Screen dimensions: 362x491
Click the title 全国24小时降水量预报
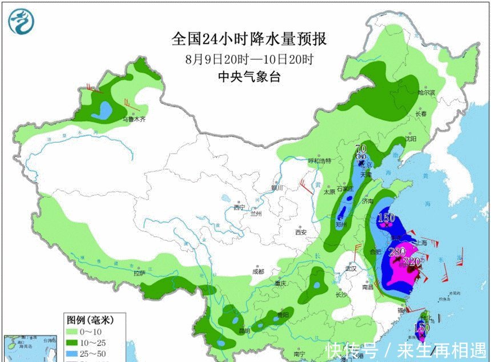pos(249,39)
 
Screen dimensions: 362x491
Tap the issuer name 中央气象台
pos(249,77)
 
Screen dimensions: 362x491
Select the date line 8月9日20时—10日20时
pos(249,59)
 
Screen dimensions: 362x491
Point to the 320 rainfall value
pos(411,262)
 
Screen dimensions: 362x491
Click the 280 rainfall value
pos(396,252)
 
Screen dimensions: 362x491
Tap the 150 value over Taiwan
pos(421,327)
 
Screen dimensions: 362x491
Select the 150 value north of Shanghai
pos(387,218)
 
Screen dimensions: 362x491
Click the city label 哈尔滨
pos(426,92)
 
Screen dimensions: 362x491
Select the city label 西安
pos(300,232)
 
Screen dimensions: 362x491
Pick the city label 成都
pos(257,271)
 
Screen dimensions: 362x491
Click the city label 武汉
pos(349,268)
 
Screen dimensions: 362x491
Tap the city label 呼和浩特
pos(319,161)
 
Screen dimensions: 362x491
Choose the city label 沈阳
pos(410,139)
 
